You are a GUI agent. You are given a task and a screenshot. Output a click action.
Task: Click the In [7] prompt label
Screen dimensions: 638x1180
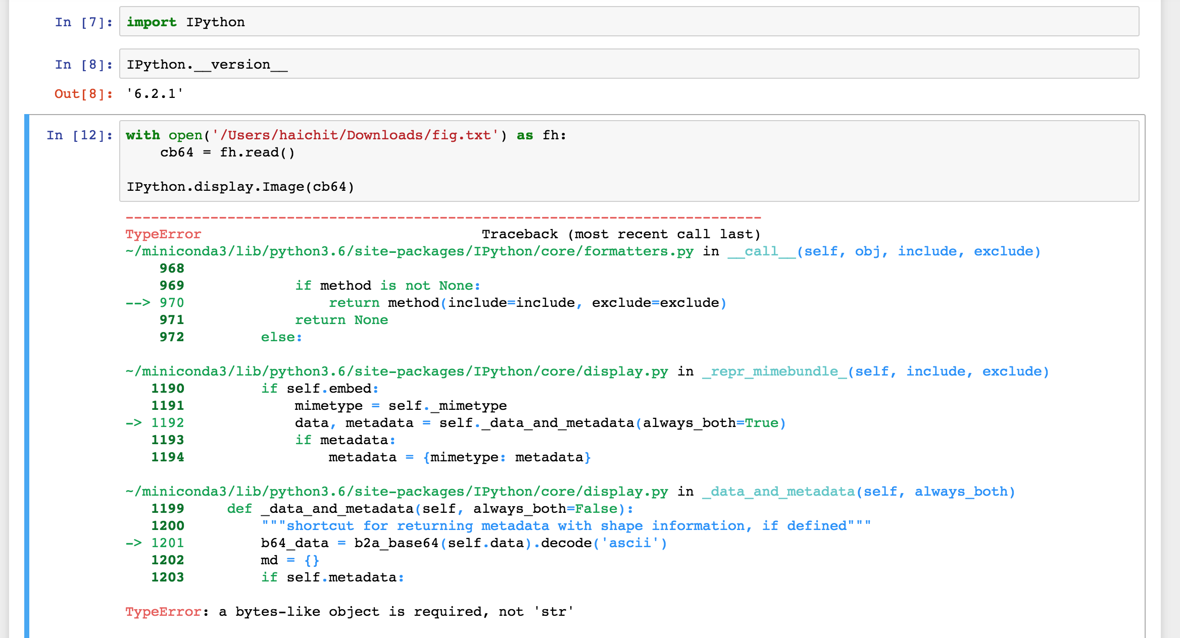point(83,22)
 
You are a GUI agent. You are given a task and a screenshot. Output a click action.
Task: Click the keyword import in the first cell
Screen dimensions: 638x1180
point(151,22)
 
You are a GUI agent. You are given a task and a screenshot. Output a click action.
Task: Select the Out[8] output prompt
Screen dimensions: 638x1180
point(83,94)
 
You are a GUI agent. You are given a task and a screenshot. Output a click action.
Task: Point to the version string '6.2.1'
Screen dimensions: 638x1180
point(155,94)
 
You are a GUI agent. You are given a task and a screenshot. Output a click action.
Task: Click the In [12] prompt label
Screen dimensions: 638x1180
point(79,135)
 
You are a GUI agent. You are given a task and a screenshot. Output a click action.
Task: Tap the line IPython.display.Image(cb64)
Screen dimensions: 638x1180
point(240,187)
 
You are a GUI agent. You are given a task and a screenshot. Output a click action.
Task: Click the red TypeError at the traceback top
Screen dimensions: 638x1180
point(163,234)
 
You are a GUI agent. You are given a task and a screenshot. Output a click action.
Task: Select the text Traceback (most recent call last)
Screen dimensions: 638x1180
point(621,234)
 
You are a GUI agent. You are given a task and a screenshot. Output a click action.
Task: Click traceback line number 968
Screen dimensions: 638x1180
point(172,269)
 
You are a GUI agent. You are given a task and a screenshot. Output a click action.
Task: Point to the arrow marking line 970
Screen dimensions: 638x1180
point(138,303)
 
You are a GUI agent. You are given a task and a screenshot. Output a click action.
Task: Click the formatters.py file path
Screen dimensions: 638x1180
point(410,251)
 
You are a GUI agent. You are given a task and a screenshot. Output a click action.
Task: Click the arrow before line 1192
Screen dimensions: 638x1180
point(134,423)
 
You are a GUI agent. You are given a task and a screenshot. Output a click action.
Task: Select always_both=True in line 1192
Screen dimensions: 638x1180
point(710,423)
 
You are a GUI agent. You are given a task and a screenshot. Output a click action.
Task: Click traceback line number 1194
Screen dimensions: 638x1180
point(168,457)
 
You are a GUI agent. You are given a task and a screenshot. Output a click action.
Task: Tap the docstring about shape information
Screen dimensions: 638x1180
point(566,526)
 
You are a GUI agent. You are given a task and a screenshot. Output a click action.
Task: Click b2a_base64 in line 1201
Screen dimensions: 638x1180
point(397,543)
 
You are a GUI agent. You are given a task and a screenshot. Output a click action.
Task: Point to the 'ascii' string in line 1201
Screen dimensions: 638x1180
point(629,543)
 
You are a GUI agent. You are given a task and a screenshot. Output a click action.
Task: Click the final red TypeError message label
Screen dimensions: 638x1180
point(164,612)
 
